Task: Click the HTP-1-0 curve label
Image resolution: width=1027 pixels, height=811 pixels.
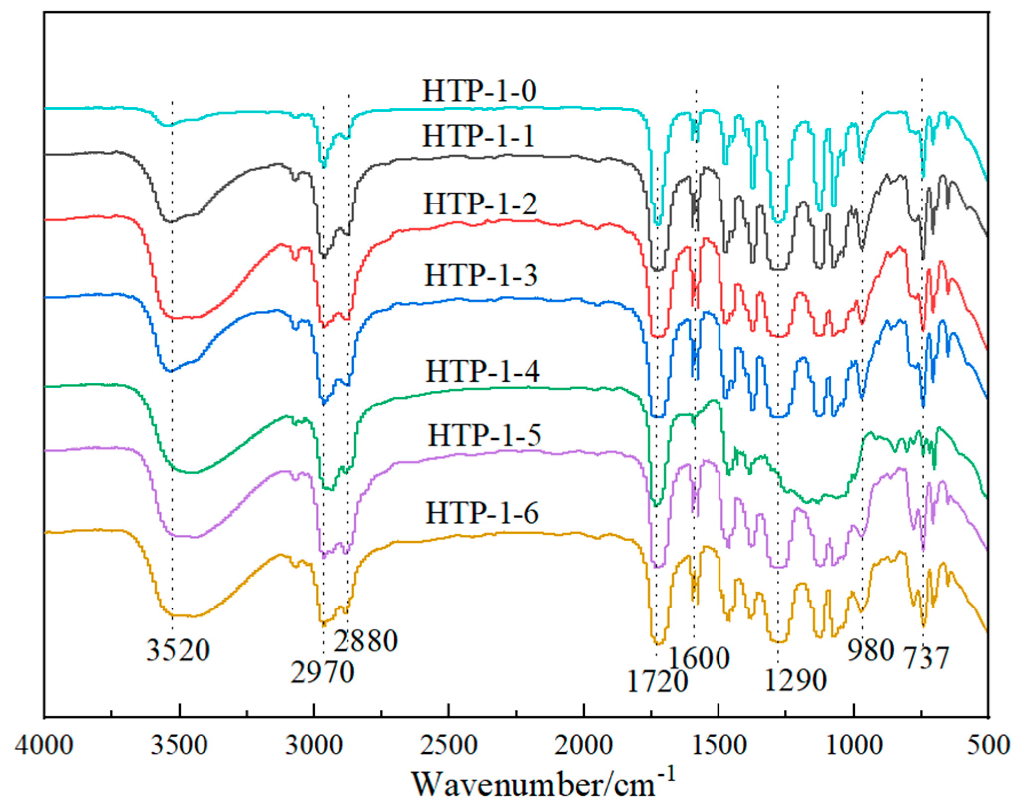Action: click(x=479, y=91)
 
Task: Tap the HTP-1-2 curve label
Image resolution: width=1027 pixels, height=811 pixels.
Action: click(x=480, y=204)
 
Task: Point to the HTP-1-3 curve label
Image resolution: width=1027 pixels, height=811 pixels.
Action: click(x=481, y=275)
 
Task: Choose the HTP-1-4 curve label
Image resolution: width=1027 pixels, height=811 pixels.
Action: click(x=482, y=371)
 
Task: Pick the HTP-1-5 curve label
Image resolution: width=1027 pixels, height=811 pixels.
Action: click(x=485, y=435)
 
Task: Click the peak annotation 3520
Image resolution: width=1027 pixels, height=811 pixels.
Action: click(x=178, y=650)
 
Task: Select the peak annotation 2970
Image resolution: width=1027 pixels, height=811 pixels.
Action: click(x=322, y=673)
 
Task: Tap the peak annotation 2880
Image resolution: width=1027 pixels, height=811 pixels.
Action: click(x=365, y=641)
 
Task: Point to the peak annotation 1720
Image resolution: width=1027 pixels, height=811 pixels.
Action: click(x=657, y=682)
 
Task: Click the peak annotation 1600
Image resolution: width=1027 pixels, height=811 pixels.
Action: click(x=699, y=658)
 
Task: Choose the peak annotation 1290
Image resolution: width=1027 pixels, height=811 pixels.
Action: click(x=795, y=680)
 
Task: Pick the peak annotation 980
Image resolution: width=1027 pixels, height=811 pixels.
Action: click(x=870, y=650)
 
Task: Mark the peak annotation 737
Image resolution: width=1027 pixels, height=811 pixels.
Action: click(x=926, y=658)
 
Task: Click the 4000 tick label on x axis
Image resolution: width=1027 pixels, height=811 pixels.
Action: click(x=44, y=745)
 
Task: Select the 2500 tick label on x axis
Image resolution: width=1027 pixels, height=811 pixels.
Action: click(x=448, y=745)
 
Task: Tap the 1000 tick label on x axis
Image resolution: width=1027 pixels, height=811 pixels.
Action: click(x=854, y=745)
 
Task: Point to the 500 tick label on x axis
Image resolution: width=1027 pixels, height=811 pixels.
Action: click(x=988, y=745)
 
